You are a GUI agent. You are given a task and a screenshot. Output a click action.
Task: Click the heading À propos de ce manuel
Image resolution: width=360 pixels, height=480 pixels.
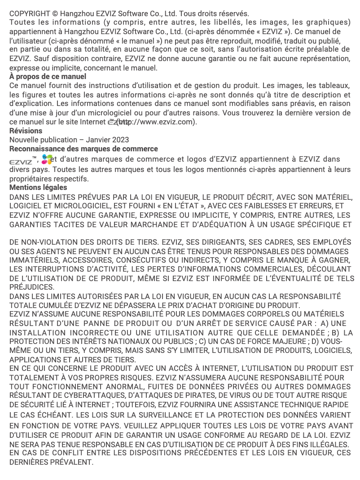pos(48,77)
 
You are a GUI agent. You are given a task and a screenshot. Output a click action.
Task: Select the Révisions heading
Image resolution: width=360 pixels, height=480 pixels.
pos(26,131)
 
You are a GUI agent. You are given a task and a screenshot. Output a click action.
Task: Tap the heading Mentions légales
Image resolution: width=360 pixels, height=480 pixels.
pos(38,187)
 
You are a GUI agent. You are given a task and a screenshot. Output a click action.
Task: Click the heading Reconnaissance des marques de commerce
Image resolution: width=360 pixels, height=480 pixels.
pos(84,149)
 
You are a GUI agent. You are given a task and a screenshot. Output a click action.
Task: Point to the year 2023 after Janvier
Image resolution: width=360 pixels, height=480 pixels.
pos(121,140)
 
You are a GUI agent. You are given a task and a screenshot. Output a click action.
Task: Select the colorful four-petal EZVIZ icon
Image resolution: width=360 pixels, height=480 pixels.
pos(46,159)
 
